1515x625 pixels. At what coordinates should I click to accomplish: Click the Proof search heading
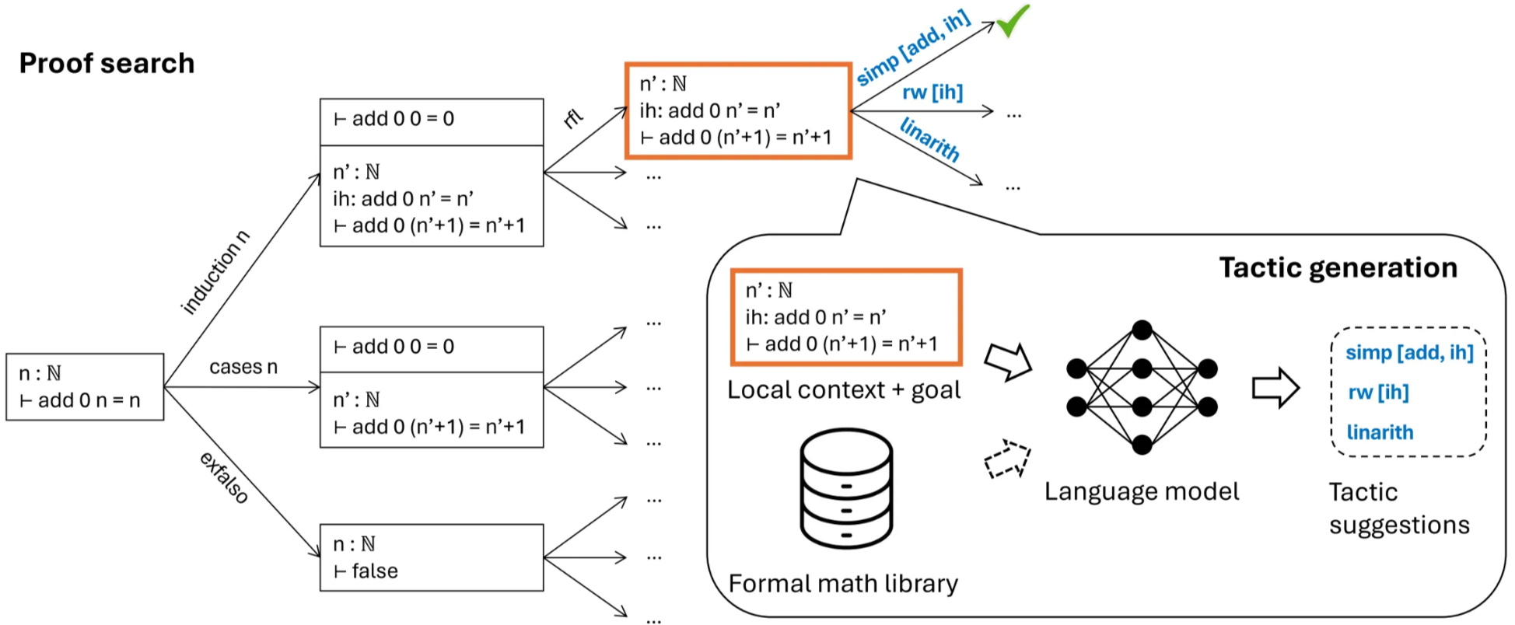107,63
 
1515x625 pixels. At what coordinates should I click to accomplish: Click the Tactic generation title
1338,267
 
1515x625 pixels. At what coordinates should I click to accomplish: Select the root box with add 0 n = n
85,387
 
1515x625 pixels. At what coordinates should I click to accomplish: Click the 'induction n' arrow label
215,272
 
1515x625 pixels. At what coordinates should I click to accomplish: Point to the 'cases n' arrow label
243,367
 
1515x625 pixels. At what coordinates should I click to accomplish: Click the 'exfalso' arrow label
224,477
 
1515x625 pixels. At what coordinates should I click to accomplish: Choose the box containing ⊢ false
432,557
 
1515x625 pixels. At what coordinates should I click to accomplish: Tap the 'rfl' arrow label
573,118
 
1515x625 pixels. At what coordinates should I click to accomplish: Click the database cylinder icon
846,488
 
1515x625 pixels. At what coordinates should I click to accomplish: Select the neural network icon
1142,387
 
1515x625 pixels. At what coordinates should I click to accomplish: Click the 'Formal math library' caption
843,584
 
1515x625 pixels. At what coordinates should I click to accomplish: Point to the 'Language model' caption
1142,491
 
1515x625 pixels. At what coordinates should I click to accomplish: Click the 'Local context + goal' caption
844,390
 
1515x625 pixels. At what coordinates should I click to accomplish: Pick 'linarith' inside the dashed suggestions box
1380,432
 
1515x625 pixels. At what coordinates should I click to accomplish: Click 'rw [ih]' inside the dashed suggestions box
1378,393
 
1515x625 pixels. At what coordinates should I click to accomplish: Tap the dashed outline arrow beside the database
1007,459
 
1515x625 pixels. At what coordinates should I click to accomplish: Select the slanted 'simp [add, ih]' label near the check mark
914,48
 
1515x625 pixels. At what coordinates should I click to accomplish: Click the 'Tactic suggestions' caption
1398,508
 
